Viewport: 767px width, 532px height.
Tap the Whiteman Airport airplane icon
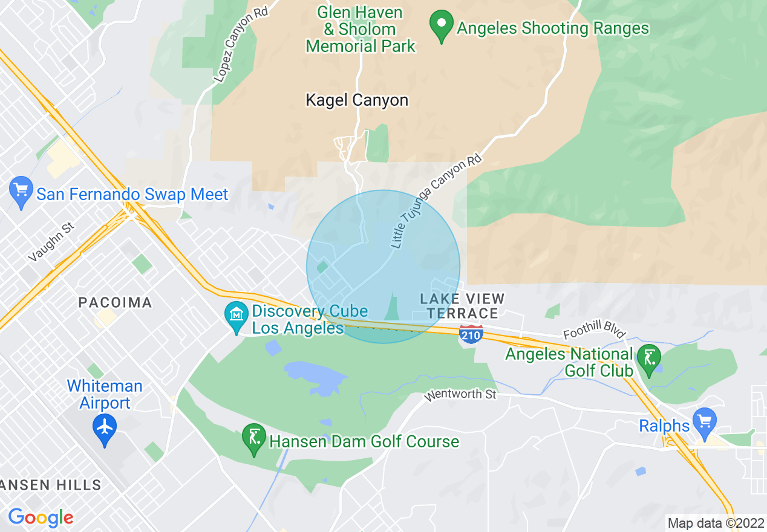point(105,427)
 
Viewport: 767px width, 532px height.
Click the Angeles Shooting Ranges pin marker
point(442,26)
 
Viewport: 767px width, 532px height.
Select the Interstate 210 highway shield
point(471,334)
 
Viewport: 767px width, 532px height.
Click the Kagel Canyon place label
point(357,100)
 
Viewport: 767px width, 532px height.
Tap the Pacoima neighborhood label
point(115,302)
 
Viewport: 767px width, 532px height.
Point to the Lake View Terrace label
point(462,305)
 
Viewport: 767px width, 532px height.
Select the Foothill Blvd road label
point(594,332)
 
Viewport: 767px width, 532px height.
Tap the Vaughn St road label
point(51,241)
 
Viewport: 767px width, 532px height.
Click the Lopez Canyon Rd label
point(241,45)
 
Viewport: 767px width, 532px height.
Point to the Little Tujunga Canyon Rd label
point(436,202)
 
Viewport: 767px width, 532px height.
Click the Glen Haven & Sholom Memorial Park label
point(361,29)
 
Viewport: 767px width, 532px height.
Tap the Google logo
point(41,517)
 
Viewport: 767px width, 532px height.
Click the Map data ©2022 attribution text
point(715,523)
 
